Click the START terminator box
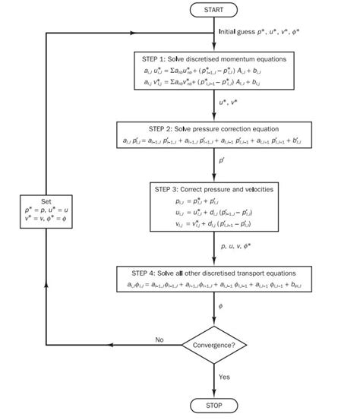coord(213,10)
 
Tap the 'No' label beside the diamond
coord(159,339)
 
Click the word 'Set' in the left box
coord(47,204)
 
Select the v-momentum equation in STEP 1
coord(213,84)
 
